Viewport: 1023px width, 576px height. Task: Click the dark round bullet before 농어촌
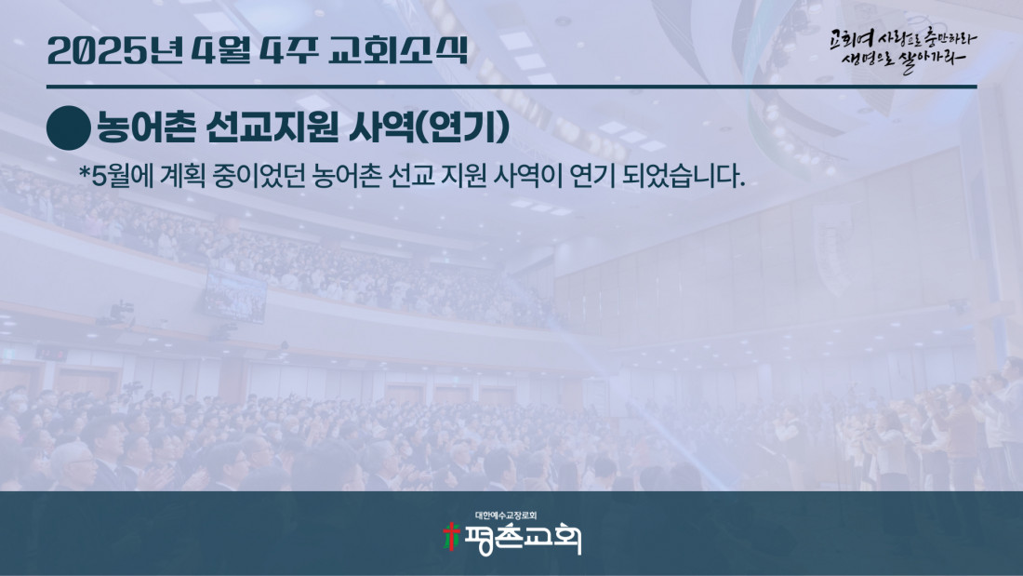[69, 128]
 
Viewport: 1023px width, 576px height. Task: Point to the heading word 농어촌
[146, 127]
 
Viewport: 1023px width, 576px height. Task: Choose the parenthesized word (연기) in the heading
[462, 127]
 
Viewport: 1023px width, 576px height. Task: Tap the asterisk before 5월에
[84, 173]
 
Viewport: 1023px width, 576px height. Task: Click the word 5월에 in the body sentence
[122, 176]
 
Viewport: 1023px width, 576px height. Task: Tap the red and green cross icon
[451, 537]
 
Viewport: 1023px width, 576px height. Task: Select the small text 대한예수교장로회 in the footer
[506, 516]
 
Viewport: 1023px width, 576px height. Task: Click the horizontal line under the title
[511, 87]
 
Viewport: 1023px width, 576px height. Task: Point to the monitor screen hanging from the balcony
[235, 296]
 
